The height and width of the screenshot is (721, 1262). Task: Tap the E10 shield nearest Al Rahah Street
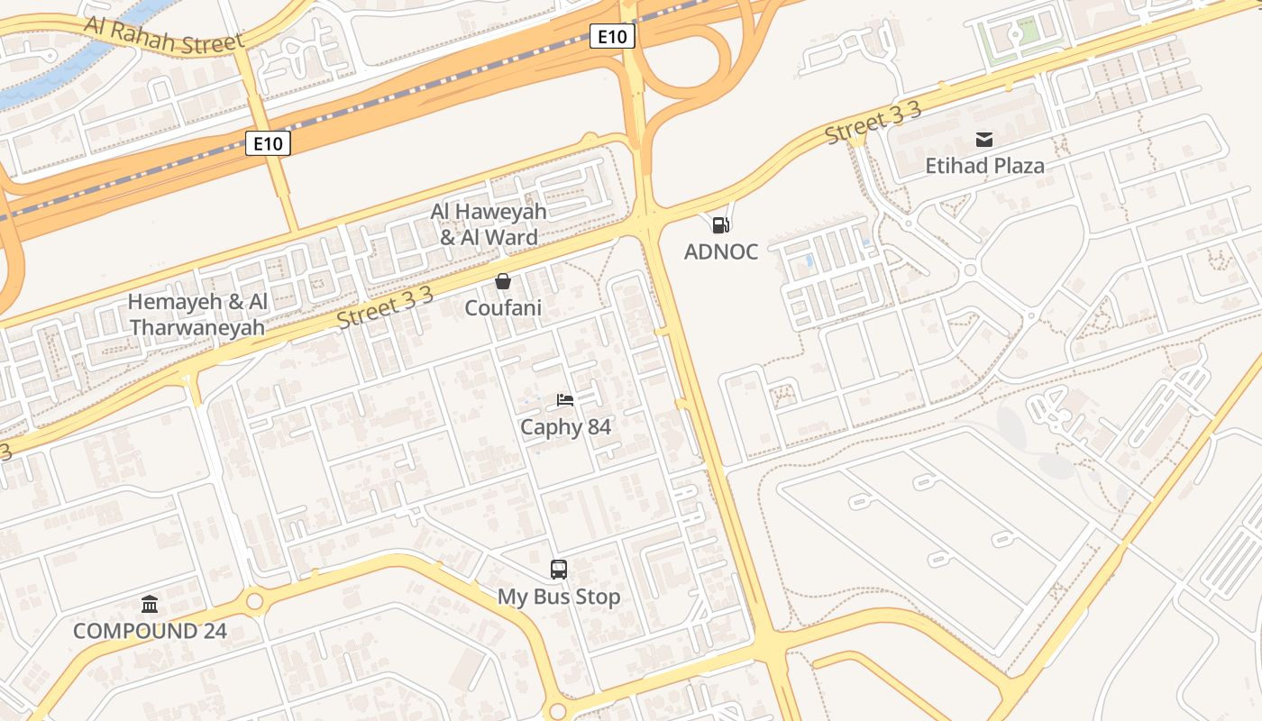(x=268, y=142)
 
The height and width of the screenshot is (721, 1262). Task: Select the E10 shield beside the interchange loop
(x=613, y=36)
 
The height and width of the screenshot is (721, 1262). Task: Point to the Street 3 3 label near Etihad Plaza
(x=873, y=123)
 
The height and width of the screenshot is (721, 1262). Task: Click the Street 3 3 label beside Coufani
(x=385, y=307)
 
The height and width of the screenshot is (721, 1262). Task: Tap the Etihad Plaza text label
(x=984, y=166)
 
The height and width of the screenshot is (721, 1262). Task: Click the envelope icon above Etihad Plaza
(x=983, y=140)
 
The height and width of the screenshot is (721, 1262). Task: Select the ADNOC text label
(x=720, y=251)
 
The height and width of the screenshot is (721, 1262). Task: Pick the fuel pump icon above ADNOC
(x=720, y=224)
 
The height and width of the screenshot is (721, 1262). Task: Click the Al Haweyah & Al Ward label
(x=489, y=224)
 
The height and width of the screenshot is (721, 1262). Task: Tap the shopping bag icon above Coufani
(x=503, y=282)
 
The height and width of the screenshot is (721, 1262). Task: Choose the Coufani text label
(x=503, y=308)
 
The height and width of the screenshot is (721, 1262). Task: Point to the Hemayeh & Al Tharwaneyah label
(x=197, y=315)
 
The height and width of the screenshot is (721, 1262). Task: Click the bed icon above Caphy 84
(x=565, y=400)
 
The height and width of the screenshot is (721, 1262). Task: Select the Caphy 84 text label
(x=565, y=426)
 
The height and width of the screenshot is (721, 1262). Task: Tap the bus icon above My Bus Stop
(x=559, y=570)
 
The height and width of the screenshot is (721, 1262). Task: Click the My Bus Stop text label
(x=559, y=597)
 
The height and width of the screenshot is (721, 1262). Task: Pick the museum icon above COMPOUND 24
(x=150, y=604)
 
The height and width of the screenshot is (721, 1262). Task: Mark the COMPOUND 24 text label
(x=150, y=631)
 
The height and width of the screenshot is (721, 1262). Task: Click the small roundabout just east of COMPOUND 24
(x=254, y=601)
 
